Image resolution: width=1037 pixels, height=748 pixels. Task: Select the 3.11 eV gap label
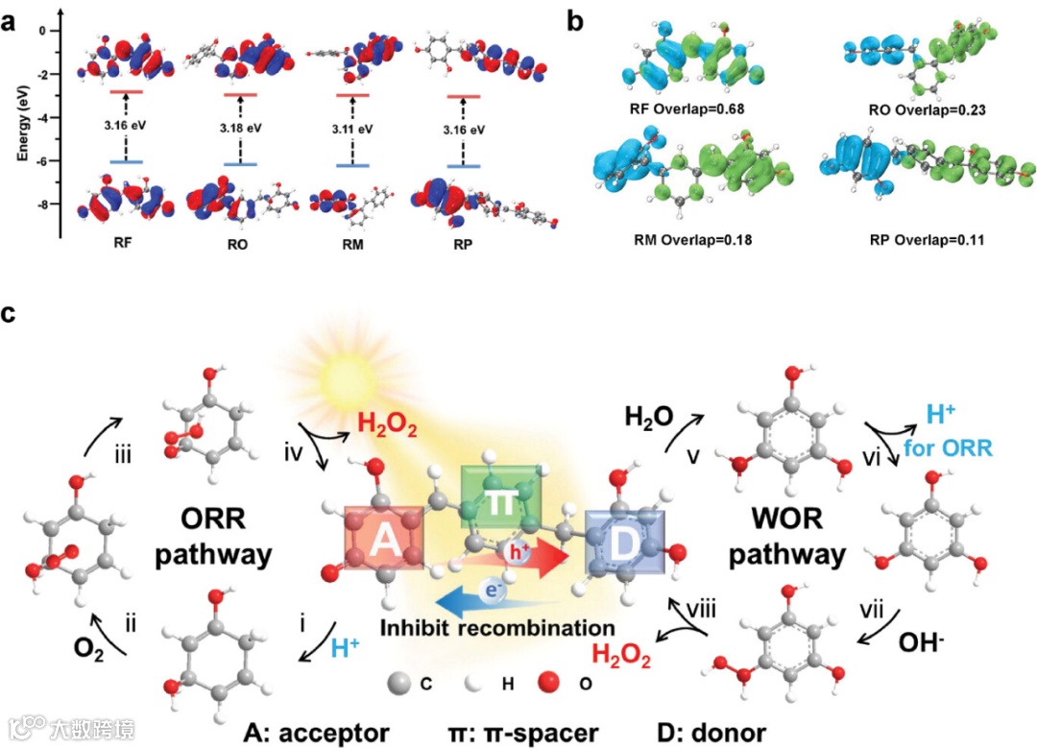(351, 125)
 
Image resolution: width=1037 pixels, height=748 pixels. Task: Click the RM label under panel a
(354, 244)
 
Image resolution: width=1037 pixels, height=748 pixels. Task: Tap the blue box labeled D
(625, 543)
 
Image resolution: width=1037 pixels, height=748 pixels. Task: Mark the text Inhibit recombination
(496, 628)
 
